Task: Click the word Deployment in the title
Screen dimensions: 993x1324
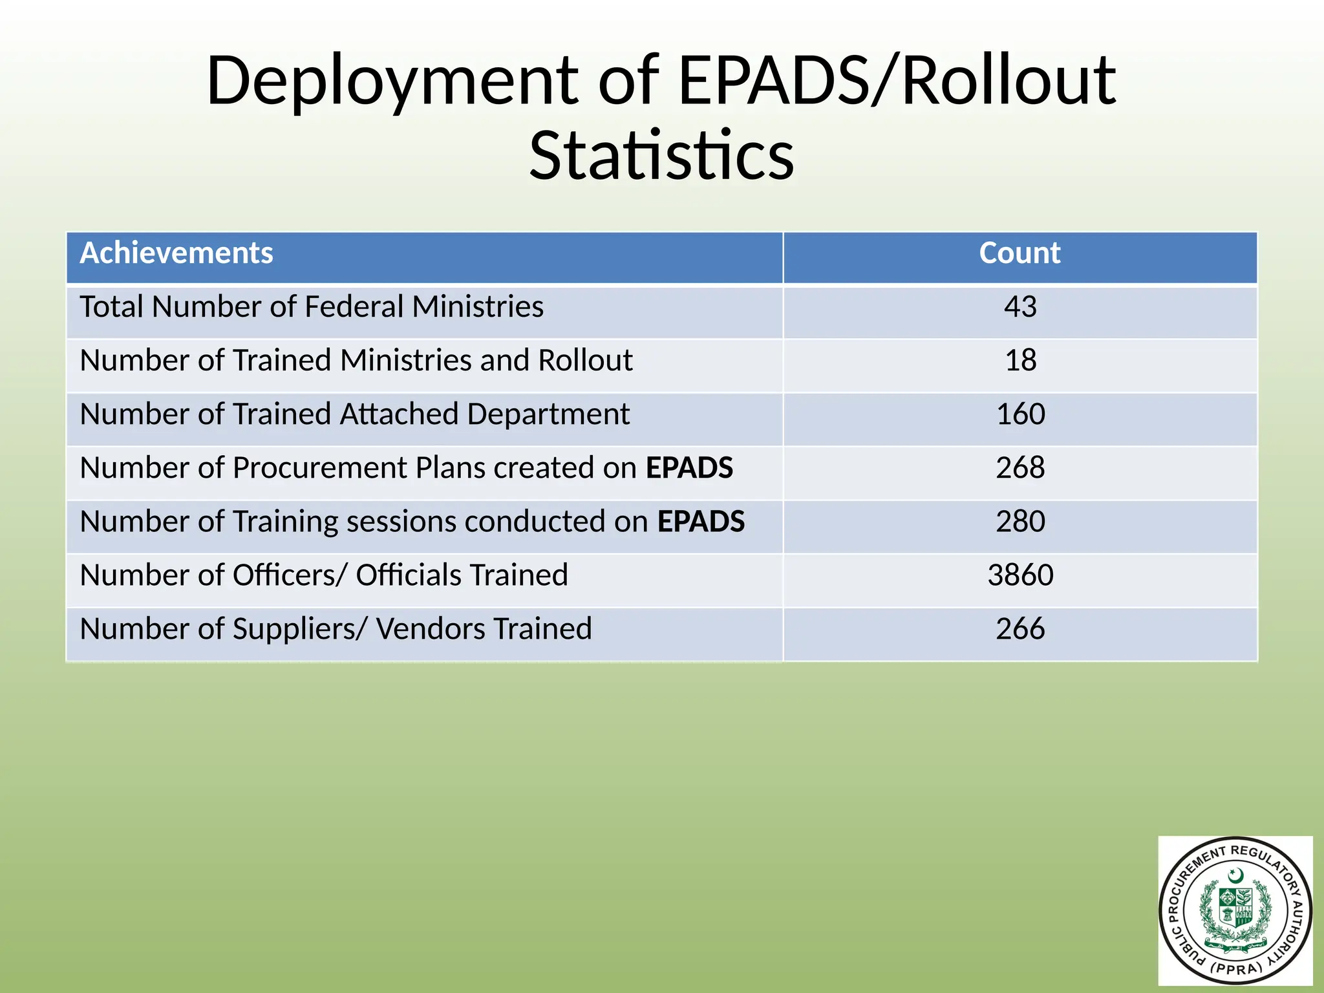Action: [392, 82]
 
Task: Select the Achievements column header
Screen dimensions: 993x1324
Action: [176, 253]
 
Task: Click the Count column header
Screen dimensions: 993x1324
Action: [1020, 253]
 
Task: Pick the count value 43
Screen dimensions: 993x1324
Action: [1020, 307]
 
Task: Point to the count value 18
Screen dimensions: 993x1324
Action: [1020, 361]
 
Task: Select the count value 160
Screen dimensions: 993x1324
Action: [1020, 414]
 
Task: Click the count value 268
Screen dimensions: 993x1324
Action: [1020, 468]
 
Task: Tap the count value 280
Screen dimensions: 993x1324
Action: [1020, 522]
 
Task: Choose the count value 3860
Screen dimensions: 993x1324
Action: [1020, 575]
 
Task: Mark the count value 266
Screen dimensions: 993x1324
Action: [1020, 629]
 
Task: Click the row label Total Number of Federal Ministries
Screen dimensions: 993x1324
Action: [312, 307]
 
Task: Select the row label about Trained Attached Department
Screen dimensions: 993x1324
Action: [355, 414]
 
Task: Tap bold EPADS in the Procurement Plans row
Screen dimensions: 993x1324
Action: [689, 468]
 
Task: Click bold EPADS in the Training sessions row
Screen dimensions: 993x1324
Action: [701, 522]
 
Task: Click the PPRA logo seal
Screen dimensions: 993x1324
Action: [1235, 911]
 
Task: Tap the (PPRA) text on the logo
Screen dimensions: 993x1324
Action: [1235, 969]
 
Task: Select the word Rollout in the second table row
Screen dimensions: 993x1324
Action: [585, 361]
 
